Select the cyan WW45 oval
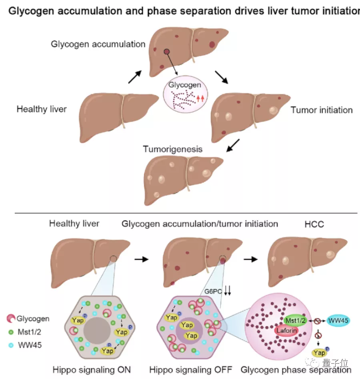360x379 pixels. [338, 320]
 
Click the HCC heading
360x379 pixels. [314, 224]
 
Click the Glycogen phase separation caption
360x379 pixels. [296, 369]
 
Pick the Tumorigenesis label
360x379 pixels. [173, 150]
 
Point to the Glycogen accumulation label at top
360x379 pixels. [98, 44]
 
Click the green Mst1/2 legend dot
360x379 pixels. [11, 331]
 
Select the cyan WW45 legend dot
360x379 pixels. [11, 344]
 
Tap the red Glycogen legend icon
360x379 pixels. [11, 319]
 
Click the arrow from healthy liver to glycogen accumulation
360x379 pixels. [135, 76]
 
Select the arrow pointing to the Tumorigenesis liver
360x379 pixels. [233, 146]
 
